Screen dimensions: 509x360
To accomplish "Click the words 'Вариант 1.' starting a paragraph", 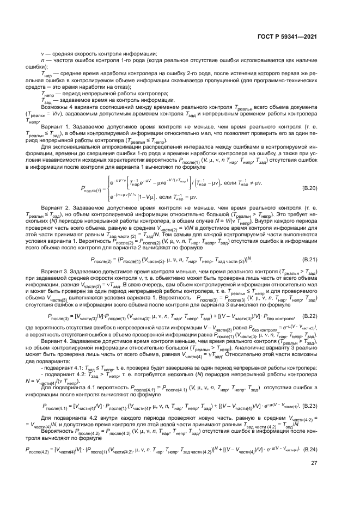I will pos(67,126).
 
